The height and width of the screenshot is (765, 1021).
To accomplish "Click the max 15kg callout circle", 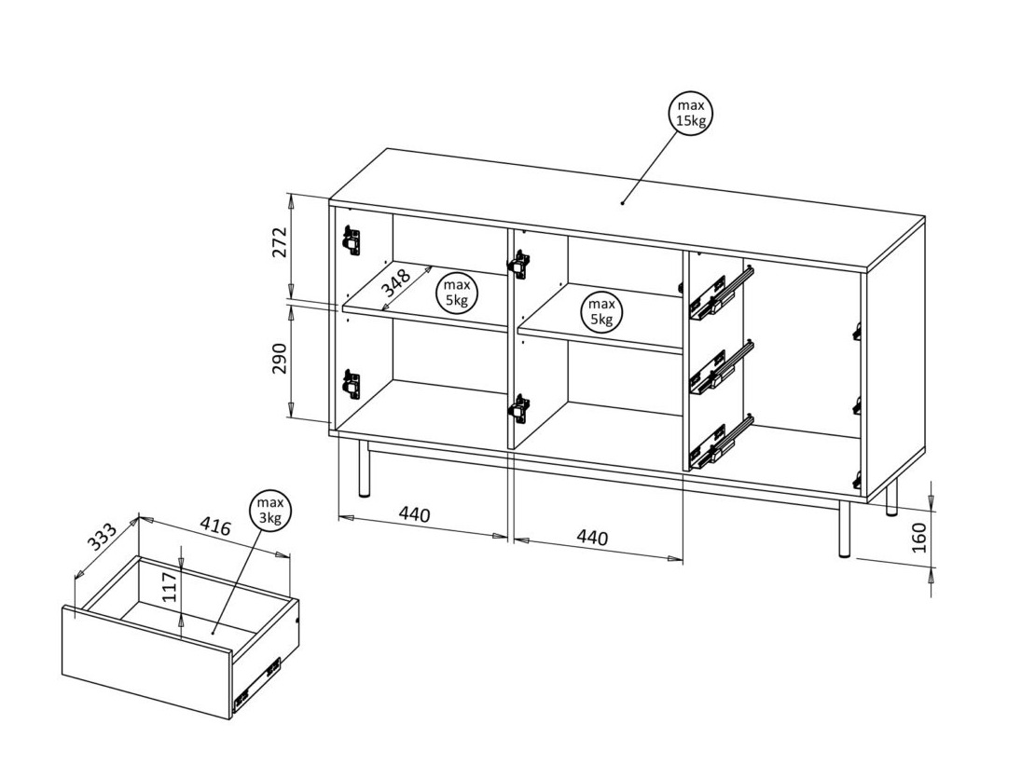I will coord(691,114).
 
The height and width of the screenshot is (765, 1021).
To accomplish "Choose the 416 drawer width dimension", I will coord(215,528).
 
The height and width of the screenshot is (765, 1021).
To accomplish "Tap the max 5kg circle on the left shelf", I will coord(457,293).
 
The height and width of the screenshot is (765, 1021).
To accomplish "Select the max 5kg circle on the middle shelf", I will coord(601,312).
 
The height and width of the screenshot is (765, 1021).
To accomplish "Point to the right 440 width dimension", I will coord(592,538).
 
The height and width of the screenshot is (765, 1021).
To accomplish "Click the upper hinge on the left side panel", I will coord(351,239).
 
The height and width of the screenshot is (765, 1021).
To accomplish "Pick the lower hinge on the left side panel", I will coord(351,383).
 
